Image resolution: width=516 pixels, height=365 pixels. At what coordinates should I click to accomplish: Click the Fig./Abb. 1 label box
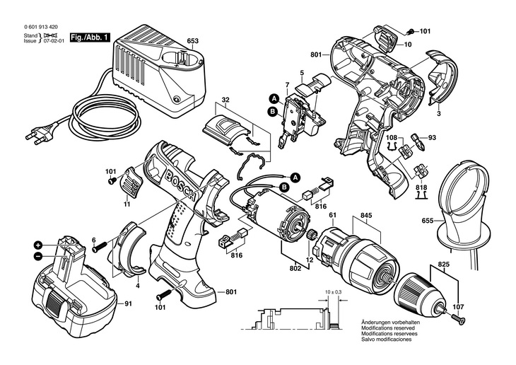(90, 37)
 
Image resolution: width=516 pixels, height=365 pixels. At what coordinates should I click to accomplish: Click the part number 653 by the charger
(193, 41)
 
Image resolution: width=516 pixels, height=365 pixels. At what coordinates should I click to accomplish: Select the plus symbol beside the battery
(38, 245)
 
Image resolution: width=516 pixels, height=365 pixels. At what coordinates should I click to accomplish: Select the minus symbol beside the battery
(38, 256)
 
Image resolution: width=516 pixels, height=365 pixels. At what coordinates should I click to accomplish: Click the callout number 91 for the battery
(128, 303)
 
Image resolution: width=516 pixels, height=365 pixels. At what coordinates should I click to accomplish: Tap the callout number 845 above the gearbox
(366, 216)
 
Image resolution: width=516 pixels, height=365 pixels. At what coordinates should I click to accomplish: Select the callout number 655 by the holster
(428, 221)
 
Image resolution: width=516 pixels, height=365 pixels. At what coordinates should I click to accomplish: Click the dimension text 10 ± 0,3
(333, 292)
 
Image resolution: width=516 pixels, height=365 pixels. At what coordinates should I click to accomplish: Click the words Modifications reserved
(388, 328)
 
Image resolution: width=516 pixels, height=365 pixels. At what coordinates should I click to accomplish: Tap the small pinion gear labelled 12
(310, 236)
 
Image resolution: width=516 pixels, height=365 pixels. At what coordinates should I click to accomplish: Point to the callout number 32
(225, 100)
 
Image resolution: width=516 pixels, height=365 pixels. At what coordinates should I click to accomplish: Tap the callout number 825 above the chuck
(444, 264)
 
